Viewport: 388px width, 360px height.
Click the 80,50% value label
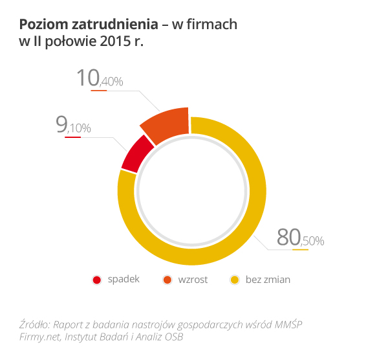(300, 238)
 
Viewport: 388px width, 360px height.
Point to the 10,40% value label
(100, 79)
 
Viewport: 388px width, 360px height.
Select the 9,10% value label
(73, 126)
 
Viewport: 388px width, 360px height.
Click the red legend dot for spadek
(97, 280)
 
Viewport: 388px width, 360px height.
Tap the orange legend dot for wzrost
(167, 280)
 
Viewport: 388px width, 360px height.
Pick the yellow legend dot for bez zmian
(235, 280)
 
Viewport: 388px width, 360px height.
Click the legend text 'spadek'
(124, 280)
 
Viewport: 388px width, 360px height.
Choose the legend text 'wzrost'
(193, 280)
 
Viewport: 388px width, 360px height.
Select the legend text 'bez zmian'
(268, 280)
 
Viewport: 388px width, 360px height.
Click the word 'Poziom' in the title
(41, 25)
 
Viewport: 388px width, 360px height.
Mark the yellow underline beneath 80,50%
(301, 249)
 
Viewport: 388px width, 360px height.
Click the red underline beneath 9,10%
(72, 137)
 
